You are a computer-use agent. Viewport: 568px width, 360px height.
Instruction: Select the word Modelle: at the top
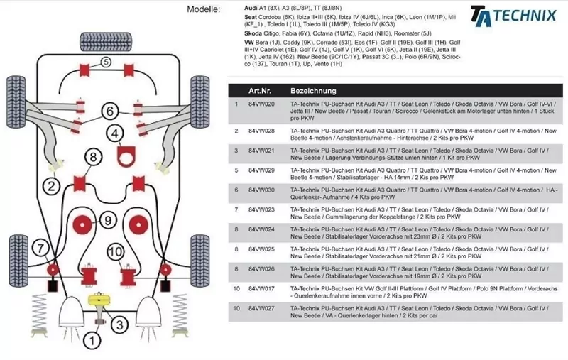(x=204, y=9)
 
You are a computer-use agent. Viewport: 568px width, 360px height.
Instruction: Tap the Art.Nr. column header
(x=260, y=92)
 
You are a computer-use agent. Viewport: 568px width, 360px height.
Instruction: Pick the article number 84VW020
(x=261, y=104)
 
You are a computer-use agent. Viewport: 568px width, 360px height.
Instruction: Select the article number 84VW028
(x=261, y=131)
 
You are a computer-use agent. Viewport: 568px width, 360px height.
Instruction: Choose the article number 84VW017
(x=261, y=289)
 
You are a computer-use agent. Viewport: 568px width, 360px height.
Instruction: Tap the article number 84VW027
(x=261, y=309)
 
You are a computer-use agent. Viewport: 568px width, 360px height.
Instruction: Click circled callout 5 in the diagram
(x=105, y=62)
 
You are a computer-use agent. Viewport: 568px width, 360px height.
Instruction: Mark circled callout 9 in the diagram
(x=106, y=220)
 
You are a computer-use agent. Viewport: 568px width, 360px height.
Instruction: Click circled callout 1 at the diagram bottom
(x=90, y=341)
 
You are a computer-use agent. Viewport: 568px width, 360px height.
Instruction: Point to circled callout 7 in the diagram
(x=41, y=248)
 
